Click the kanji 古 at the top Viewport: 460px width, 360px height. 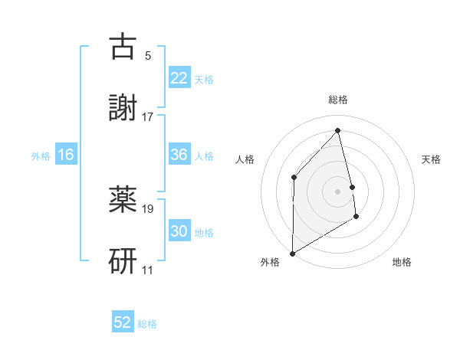click(x=123, y=47)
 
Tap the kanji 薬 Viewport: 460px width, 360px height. click(x=123, y=201)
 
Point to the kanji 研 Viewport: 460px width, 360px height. click(x=123, y=260)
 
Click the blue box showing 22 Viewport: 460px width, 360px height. click(x=179, y=78)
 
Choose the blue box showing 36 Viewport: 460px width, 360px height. click(x=179, y=155)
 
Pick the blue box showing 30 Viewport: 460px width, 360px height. click(x=179, y=232)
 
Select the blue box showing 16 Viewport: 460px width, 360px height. click(x=66, y=155)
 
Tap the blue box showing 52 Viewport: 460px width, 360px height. click(x=123, y=323)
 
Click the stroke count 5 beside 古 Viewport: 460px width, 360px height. click(x=148, y=56)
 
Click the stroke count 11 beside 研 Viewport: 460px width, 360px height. click(x=148, y=270)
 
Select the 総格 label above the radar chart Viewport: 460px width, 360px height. click(x=338, y=100)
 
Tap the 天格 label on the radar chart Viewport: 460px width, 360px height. click(x=432, y=159)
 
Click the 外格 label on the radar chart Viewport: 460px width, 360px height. click(x=269, y=262)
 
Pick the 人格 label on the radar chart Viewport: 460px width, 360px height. click(x=245, y=159)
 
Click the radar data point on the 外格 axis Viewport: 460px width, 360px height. click(x=292, y=253)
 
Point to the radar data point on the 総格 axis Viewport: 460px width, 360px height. click(x=338, y=130)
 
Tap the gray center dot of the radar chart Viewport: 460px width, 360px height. click(x=338, y=191)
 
